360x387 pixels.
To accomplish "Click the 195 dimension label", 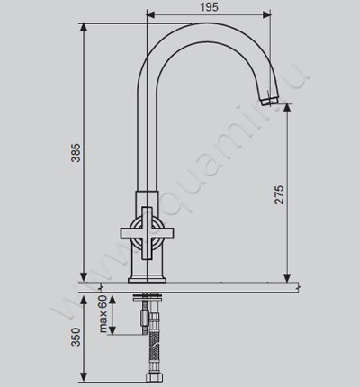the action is click(209, 7).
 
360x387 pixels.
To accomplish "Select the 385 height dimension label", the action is click(76, 153).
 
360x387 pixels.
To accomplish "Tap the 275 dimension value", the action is click(279, 194).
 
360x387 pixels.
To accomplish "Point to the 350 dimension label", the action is click(76, 337).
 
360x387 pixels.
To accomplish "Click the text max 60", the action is click(103, 314).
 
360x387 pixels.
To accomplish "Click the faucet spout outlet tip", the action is click(270, 101).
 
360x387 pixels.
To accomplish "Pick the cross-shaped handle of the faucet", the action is click(147, 233).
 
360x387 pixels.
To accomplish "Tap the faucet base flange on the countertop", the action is click(147, 279).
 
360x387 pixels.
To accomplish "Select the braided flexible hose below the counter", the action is click(154, 343).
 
